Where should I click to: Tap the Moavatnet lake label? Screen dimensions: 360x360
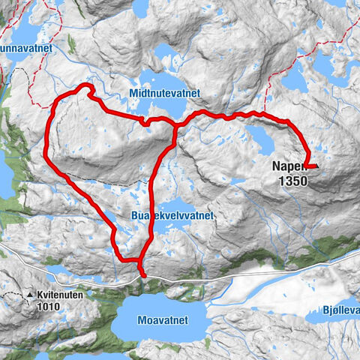click(x=163, y=319)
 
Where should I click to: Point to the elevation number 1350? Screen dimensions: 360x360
click(x=290, y=181)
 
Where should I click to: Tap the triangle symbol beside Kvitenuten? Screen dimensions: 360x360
click(x=31, y=296)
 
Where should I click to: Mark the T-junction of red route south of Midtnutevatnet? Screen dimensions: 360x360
click(x=175, y=126)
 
